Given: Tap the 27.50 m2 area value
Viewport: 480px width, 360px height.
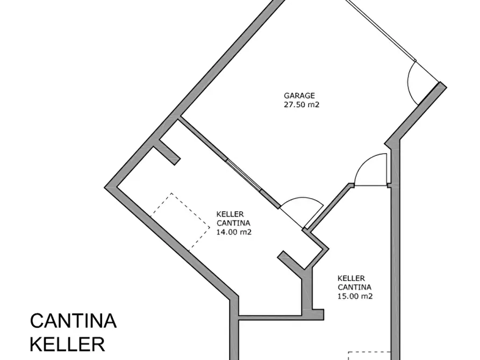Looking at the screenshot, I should click(x=302, y=105).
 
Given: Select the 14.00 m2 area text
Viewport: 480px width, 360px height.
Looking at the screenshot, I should click(x=234, y=232).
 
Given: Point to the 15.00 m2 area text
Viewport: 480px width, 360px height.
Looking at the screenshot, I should click(x=355, y=296).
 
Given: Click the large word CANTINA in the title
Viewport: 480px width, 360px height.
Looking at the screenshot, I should click(x=73, y=321).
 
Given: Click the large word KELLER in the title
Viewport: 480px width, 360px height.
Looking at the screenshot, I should click(x=67, y=344).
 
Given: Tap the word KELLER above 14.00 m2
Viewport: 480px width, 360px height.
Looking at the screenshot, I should click(x=231, y=213).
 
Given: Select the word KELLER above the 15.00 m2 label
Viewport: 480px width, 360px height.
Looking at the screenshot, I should click(x=352, y=278).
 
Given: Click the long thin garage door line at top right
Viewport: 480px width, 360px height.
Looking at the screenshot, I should click(x=380, y=30).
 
